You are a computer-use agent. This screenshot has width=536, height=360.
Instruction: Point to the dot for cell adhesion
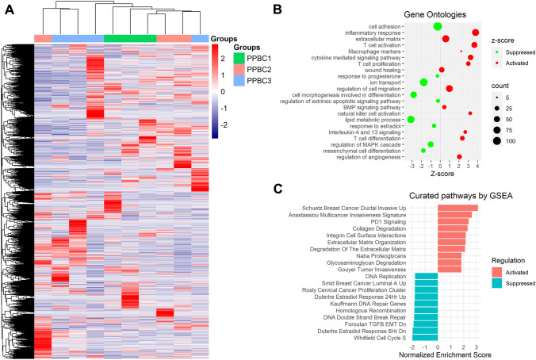[438, 26]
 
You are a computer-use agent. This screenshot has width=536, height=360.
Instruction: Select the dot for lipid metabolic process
[411, 119]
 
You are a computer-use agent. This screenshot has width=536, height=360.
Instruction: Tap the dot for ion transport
[423, 82]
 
